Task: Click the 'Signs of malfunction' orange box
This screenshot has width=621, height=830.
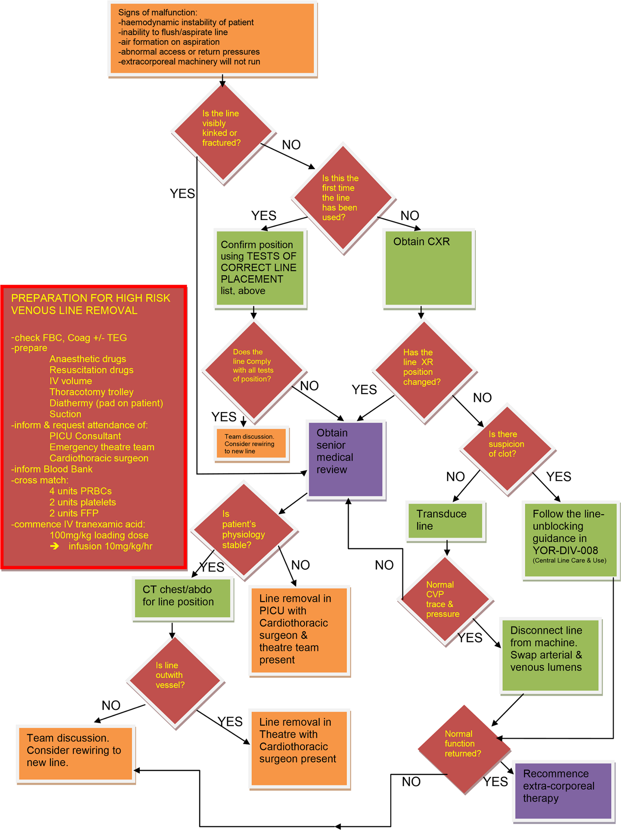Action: [x=212, y=39]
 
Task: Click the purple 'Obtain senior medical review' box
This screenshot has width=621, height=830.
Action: [x=346, y=459]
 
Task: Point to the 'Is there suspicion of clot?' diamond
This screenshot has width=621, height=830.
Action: [x=507, y=448]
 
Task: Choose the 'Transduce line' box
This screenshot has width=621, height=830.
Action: [x=446, y=520]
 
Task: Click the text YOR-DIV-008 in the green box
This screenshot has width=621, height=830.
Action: [x=565, y=550]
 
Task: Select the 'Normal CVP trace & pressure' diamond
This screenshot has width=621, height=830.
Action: [x=445, y=599]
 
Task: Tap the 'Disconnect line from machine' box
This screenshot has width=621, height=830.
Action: [x=550, y=655]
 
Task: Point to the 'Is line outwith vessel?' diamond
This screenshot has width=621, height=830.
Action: [x=175, y=681]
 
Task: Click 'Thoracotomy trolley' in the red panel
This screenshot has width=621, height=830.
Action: [x=91, y=392]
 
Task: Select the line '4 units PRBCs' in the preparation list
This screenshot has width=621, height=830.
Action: [x=80, y=491]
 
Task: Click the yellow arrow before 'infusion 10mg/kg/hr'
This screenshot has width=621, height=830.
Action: [x=54, y=546]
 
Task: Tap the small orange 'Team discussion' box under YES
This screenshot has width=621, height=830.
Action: [x=251, y=443]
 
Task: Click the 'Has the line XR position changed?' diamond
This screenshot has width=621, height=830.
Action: [x=424, y=370]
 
